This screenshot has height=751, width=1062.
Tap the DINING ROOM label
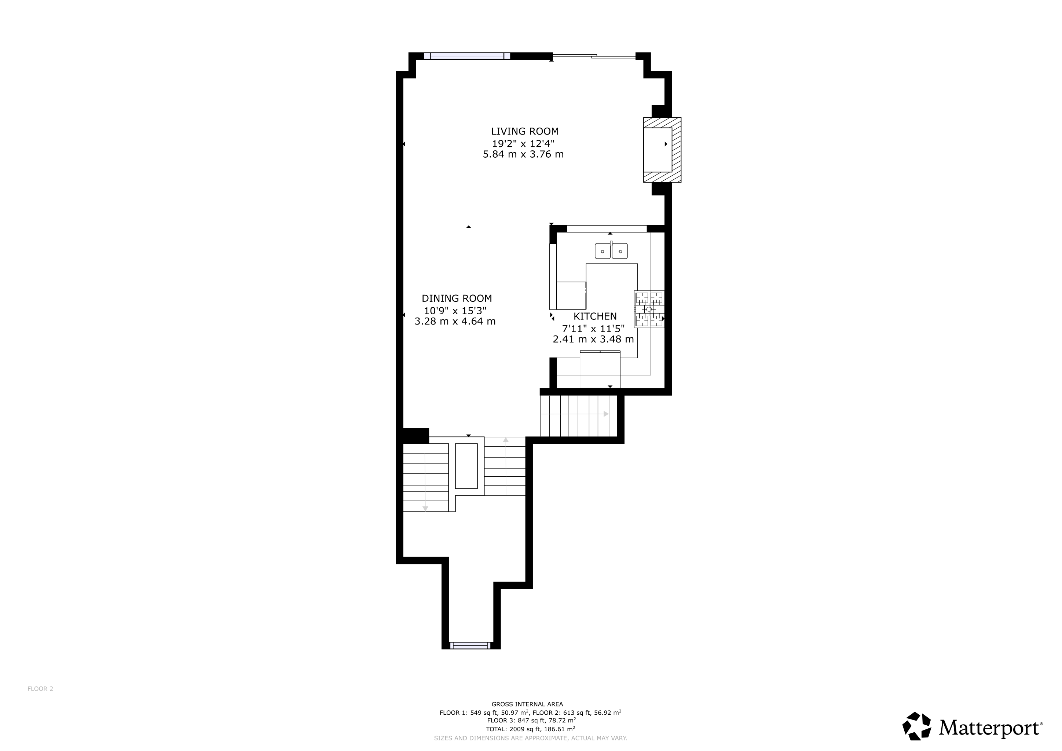coord(457,299)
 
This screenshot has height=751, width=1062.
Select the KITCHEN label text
coord(595,316)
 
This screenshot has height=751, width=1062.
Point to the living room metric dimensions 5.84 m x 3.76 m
coord(523,154)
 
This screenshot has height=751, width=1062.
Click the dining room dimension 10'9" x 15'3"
coord(455,311)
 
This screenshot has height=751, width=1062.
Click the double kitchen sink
coord(611,250)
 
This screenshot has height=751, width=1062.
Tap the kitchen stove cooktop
coord(649,309)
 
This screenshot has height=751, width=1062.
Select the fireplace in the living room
coord(662,150)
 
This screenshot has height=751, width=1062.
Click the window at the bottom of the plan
coord(470,645)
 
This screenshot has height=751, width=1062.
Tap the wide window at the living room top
coord(467,56)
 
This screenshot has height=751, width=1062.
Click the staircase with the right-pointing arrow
coord(579,415)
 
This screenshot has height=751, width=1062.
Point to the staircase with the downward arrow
coord(425,478)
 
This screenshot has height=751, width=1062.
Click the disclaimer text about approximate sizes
coord(531,738)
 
